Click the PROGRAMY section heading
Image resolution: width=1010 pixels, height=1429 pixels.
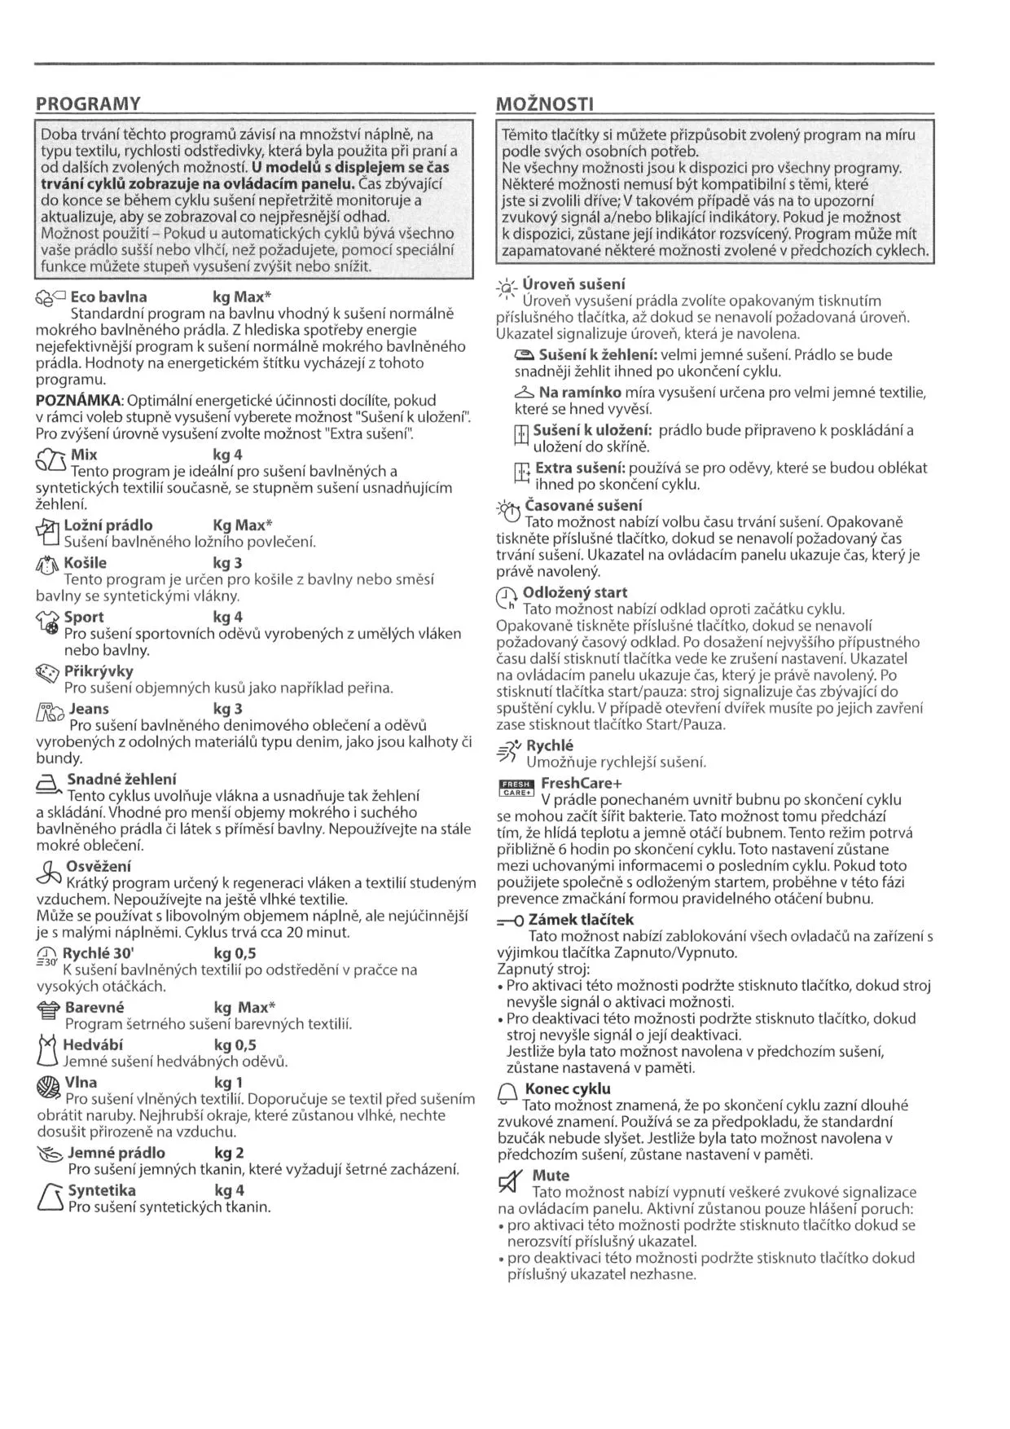tap(88, 103)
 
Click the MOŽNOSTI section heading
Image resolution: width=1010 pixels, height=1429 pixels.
tap(544, 103)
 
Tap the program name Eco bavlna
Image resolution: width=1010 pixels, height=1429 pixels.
tap(108, 297)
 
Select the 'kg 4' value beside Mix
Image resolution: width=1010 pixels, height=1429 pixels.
tap(227, 455)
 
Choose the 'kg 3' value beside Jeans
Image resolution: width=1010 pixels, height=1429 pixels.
tap(227, 709)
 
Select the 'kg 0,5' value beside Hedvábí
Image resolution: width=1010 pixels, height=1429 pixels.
tap(235, 1045)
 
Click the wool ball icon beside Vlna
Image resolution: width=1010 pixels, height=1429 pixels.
tap(49, 1086)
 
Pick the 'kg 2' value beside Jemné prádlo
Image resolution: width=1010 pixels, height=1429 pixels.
tap(228, 1153)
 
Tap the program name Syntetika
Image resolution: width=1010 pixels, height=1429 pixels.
tap(102, 1190)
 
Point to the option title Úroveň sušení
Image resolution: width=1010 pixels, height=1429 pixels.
tap(573, 284)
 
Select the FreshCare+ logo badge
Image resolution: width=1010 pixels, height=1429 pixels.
tap(515, 787)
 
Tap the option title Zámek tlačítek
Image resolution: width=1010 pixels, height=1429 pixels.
tap(581, 920)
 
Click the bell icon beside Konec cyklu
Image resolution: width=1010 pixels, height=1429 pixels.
tap(507, 1094)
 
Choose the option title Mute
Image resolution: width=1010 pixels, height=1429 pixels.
tap(551, 1176)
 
